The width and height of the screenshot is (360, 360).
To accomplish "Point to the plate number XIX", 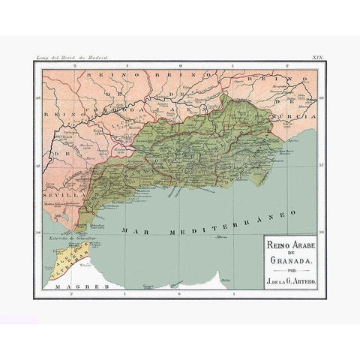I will [x=317, y=57].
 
